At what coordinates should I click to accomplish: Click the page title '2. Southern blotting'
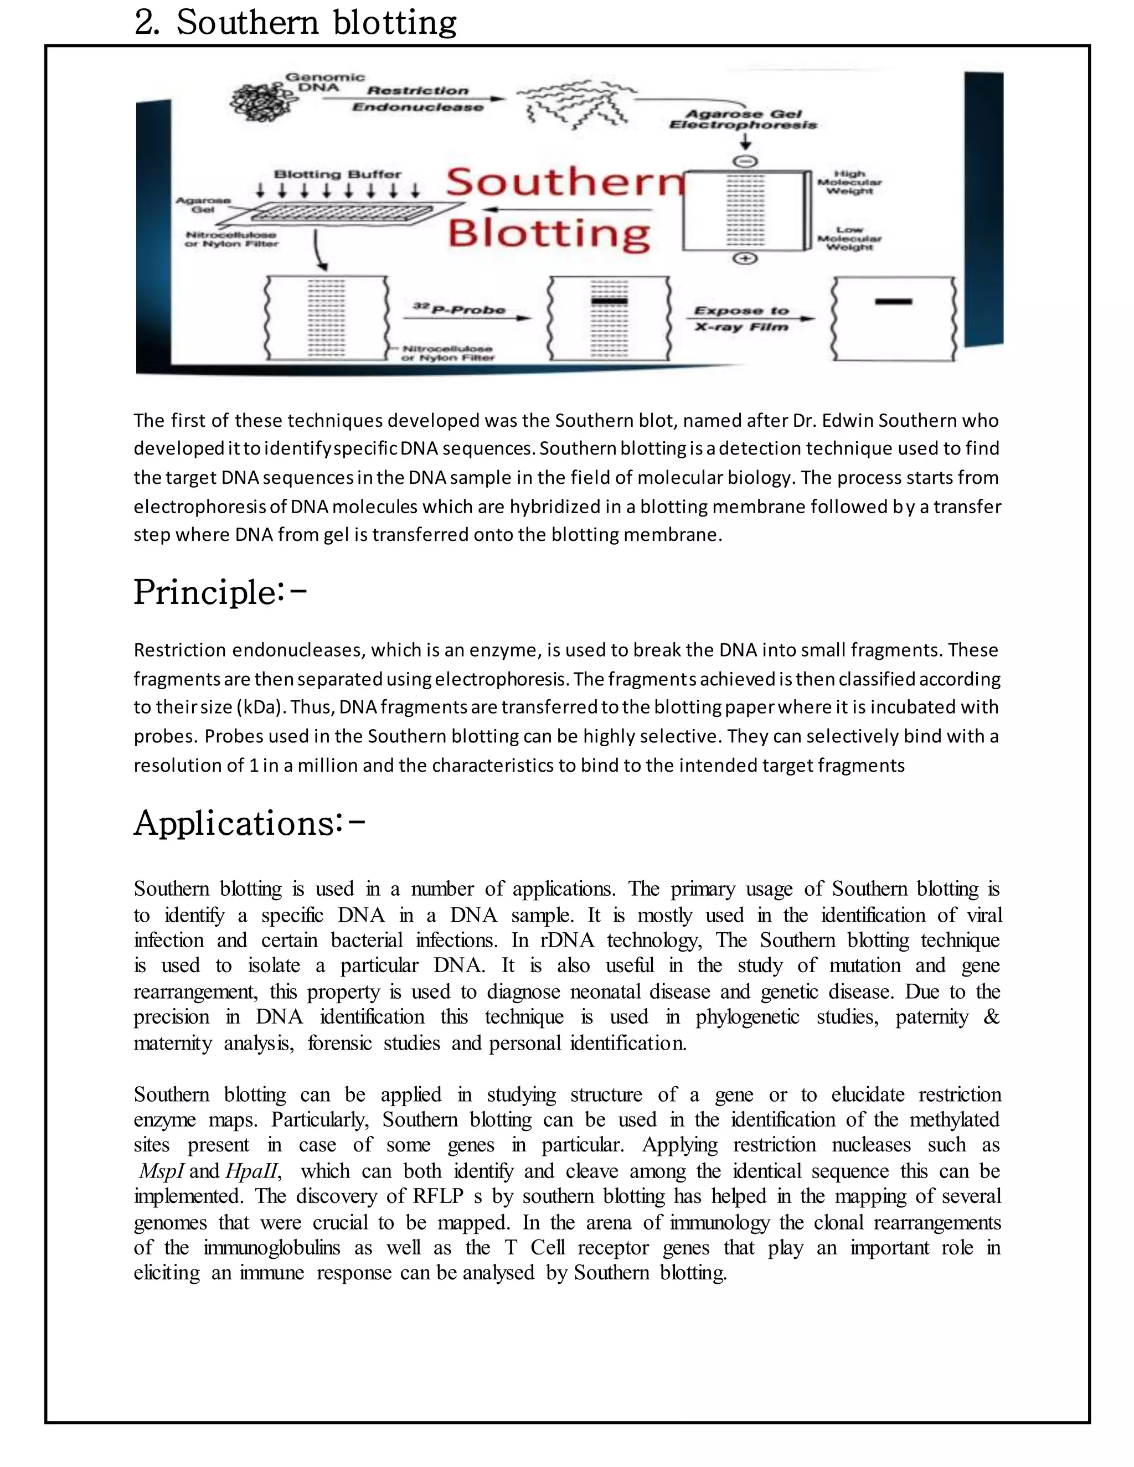click(296, 23)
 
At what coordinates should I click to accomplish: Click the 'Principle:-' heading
click(220, 592)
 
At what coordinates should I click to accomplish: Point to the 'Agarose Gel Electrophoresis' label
click(743, 120)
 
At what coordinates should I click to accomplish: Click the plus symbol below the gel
click(745, 259)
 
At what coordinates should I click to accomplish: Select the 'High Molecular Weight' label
click(849, 182)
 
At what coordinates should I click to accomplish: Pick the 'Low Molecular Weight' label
click(849, 239)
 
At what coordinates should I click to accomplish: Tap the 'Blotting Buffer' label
click(337, 174)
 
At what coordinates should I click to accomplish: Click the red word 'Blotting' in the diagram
click(549, 233)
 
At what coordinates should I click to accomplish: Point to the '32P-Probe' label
click(460, 309)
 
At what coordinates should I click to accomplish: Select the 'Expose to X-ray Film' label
click(741, 318)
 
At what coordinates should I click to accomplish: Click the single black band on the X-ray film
click(894, 302)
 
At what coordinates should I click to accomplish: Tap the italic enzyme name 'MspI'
click(161, 1171)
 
